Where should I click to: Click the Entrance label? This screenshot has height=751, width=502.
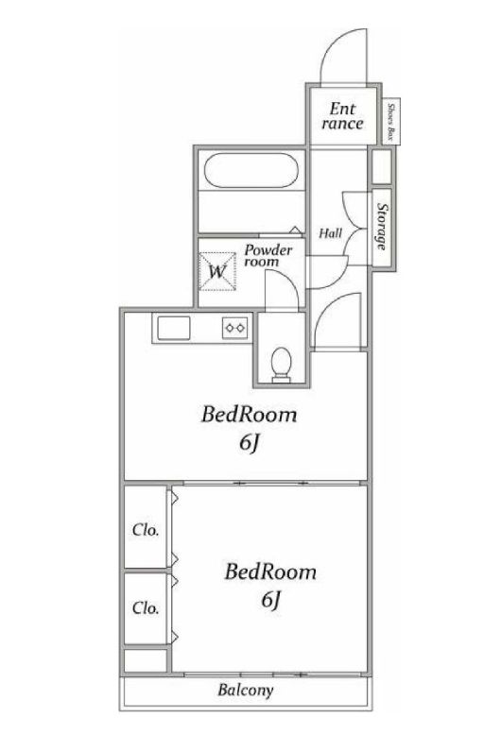click(342, 115)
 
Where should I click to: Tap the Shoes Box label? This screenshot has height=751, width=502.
click(391, 121)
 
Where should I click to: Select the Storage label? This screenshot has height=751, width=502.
click(382, 231)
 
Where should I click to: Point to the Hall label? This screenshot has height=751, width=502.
click(330, 232)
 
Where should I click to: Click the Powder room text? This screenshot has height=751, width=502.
click(268, 256)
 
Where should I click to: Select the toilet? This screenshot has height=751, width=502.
click(281, 363)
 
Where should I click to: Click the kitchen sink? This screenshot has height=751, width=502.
click(173, 328)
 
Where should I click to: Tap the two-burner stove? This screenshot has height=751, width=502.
click(234, 328)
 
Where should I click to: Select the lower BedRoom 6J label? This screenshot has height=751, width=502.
click(269, 585)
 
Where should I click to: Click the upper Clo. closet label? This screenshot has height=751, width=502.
click(145, 529)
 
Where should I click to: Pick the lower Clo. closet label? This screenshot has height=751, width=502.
click(145, 606)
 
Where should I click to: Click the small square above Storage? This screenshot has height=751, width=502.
click(381, 167)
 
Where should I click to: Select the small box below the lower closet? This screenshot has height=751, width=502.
click(145, 659)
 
